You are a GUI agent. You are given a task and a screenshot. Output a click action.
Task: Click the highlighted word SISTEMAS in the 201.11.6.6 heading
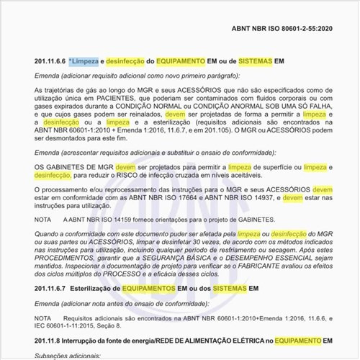click(253, 62)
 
